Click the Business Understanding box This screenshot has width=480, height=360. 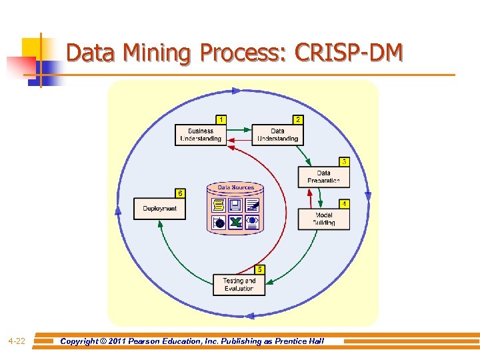pos(201,135)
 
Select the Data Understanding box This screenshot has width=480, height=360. pos(278,135)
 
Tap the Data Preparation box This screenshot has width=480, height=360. pos(323,177)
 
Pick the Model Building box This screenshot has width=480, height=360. pos(323,219)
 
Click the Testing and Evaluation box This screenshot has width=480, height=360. pos(239,285)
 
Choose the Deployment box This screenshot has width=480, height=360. pos(159,209)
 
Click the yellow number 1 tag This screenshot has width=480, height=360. pos(221,119)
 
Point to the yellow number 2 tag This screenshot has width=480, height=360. pos(298,119)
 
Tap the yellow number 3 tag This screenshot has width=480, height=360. pos(343,161)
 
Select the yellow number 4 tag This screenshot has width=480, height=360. pos(343,203)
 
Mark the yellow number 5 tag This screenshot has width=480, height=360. pos(259,269)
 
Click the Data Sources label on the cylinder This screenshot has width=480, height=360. pos(235,187)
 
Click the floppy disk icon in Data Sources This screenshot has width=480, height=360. pos(235,205)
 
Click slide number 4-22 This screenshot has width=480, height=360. pos(17,341)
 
